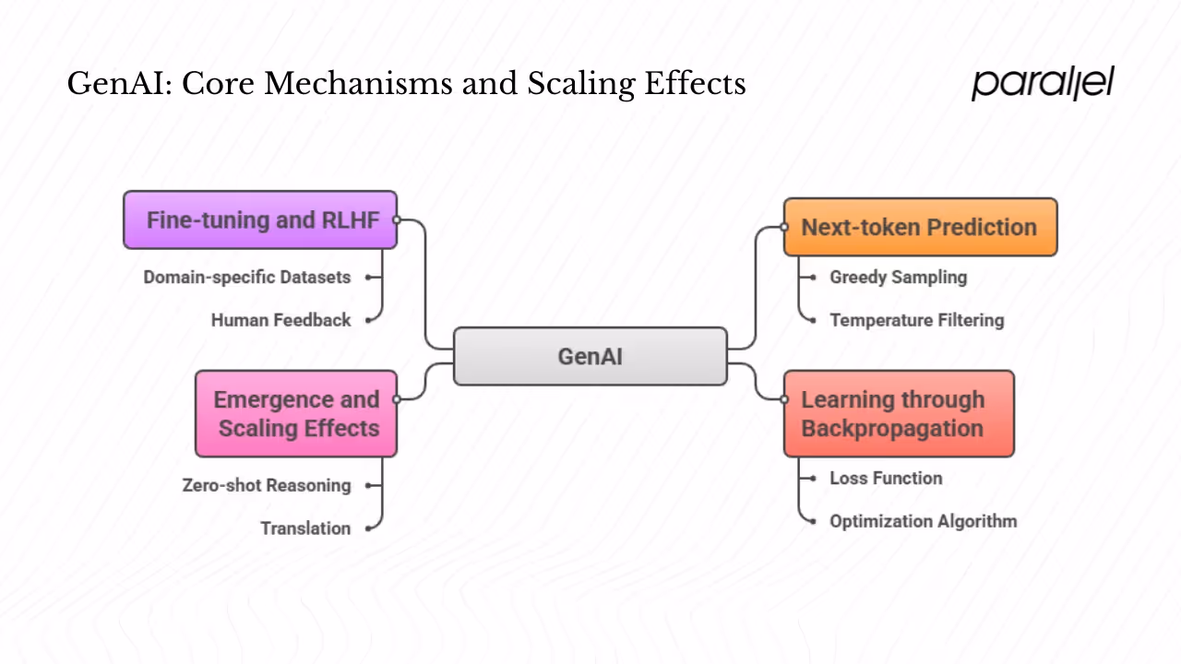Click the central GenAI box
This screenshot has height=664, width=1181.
[x=590, y=356]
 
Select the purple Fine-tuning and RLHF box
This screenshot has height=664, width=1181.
[x=260, y=220]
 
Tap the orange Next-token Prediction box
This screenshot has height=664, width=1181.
[x=920, y=227]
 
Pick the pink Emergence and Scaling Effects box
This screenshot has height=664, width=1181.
[x=296, y=414]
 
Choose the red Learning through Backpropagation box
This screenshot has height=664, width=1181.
[x=899, y=414]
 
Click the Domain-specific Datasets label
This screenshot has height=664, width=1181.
[x=247, y=277]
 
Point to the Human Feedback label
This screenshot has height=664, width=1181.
[x=280, y=320]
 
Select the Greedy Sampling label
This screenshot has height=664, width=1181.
[x=898, y=277]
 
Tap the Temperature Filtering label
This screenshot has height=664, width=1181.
[x=916, y=320]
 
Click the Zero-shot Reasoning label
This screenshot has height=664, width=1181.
[x=267, y=485]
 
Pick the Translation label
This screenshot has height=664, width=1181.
[x=305, y=528]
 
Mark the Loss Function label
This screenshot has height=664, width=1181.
[x=886, y=478]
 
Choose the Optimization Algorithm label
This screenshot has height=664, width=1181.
[x=923, y=521]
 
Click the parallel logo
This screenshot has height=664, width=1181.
[x=1043, y=83]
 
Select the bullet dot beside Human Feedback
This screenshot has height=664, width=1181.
[x=368, y=320]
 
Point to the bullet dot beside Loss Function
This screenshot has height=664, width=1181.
[x=812, y=478]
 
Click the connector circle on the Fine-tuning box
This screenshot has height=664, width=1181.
[x=397, y=220]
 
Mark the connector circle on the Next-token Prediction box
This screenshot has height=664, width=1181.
[x=784, y=227]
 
